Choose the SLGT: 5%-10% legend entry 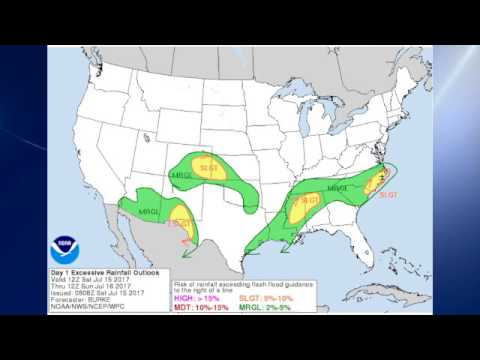point(267,297)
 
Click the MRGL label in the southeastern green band point(336,187)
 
